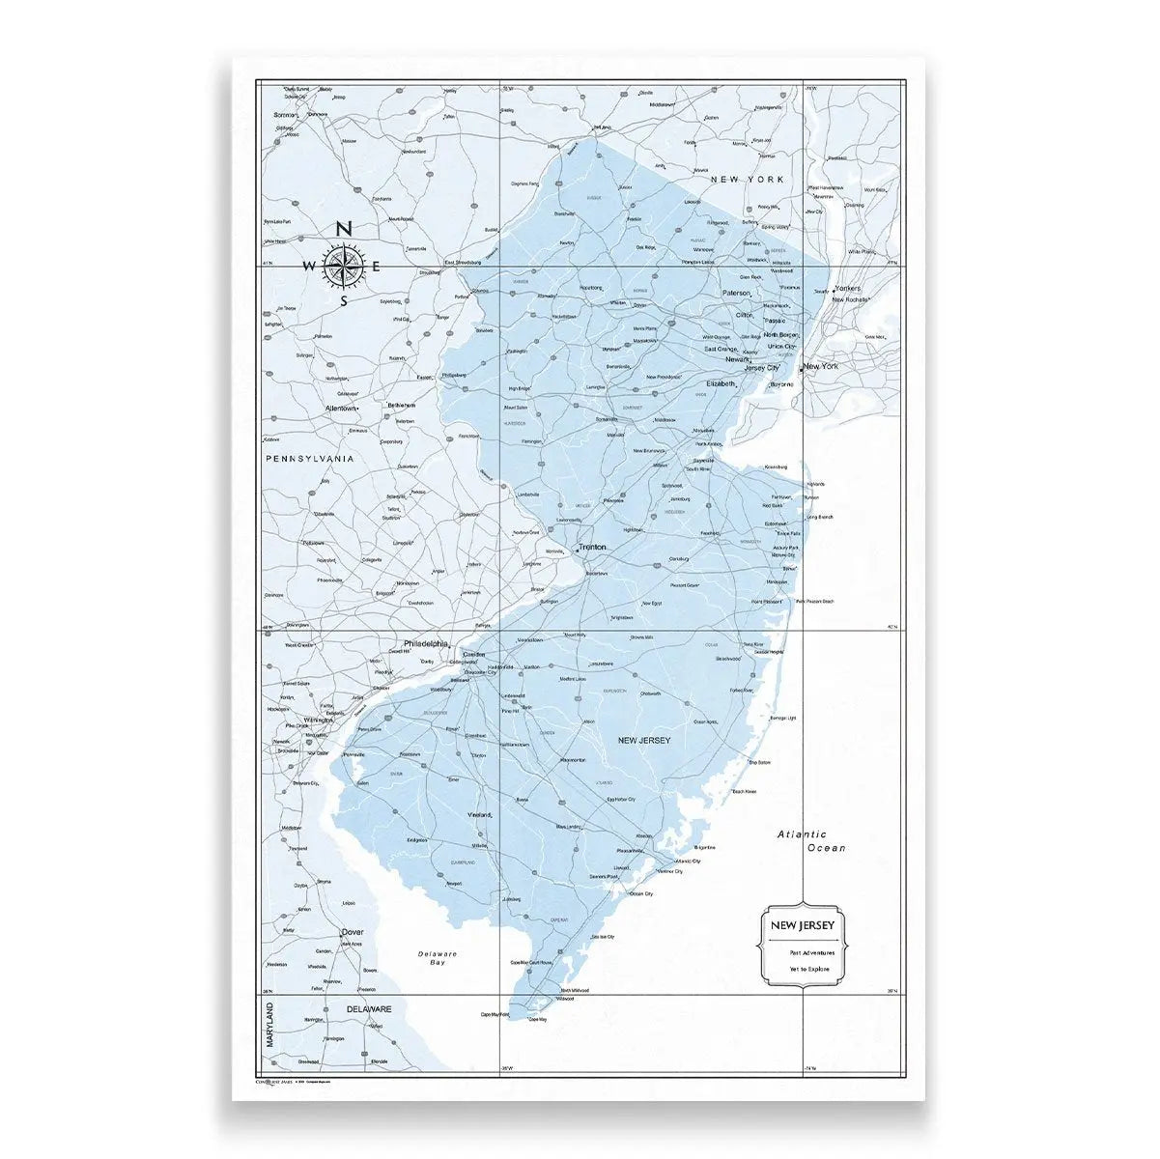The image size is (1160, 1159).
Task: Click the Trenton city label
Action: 593,547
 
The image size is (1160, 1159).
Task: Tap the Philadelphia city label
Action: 426,643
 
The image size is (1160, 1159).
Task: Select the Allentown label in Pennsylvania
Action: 342,409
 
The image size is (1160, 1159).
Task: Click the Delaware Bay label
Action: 438,958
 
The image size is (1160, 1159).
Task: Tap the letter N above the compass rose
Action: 343,229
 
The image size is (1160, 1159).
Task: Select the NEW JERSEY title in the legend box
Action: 802,926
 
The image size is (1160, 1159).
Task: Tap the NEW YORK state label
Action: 747,180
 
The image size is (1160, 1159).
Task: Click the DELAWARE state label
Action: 368,1008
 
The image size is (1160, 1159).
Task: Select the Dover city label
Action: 353,932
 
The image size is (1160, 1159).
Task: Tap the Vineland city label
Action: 479,815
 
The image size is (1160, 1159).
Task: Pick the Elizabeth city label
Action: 721,383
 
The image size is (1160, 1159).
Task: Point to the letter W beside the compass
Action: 308,267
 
